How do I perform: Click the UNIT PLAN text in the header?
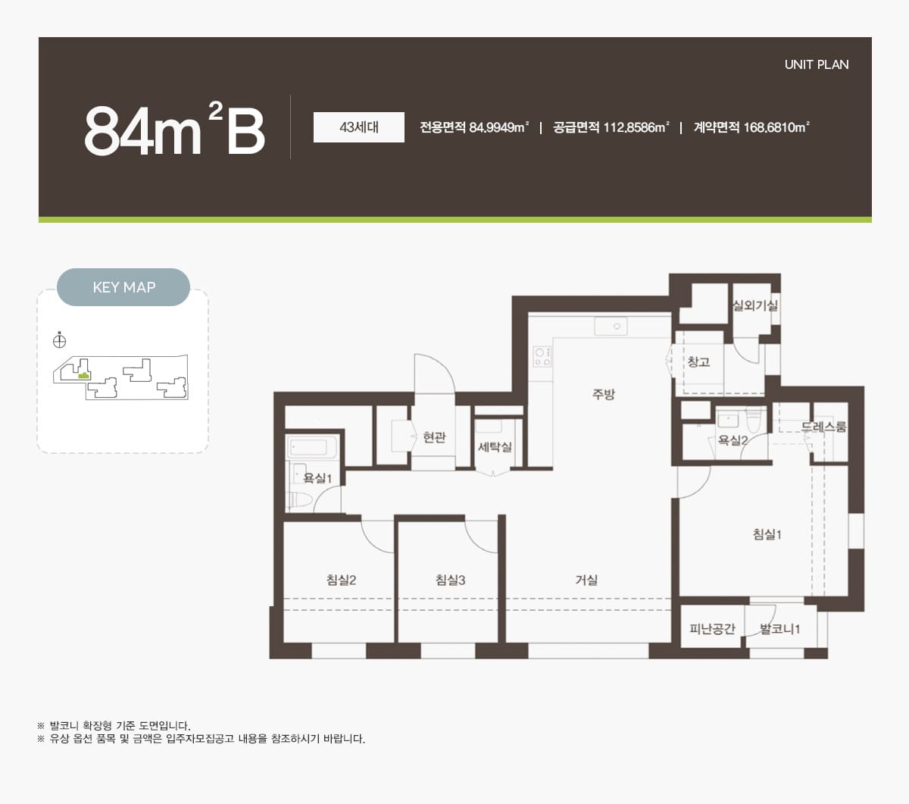(x=816, y=64)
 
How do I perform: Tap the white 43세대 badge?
(x=358, y=127)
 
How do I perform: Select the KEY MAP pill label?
(x=123, y=287)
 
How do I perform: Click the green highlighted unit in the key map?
(x=83, y=375)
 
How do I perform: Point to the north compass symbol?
(x=59, y=341)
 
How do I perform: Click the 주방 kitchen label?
(x=603, y=394)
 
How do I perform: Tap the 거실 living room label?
(x=586, y=580)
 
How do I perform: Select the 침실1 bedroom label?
(x=767, y=534)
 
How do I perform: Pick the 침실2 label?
(x=341, y=580)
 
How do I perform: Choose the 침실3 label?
(x=450, y=580)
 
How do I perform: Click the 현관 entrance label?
(x=434, y=436)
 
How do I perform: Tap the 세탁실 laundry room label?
(x=495, y=446)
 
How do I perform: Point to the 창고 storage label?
(x=698, y=361)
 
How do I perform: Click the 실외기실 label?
(x=755, y=305)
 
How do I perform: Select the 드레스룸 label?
(x=823, y=427)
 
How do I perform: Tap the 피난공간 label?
(x=712, y=629)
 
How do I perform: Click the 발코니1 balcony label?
(x=779, y=629)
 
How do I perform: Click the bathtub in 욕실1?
(x=312, y=447)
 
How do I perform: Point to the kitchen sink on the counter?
(x=611, y=326)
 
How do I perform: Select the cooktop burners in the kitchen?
(x=542, y=357)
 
